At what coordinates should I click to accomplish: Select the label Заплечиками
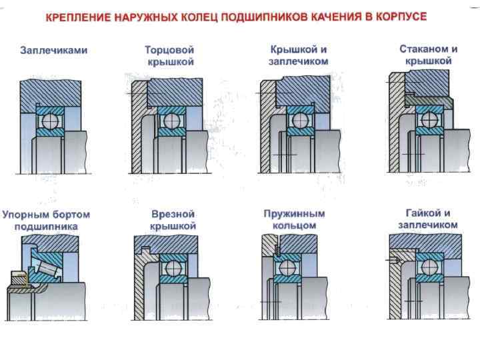pos(54,50)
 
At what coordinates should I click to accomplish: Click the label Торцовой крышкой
pos(169,56)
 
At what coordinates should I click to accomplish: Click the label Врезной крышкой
pos(173,220)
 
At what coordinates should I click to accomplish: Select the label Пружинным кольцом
pos(294,220)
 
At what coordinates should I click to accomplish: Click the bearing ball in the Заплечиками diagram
pos(50,121)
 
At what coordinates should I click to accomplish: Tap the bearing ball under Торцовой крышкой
pos(171,121)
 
